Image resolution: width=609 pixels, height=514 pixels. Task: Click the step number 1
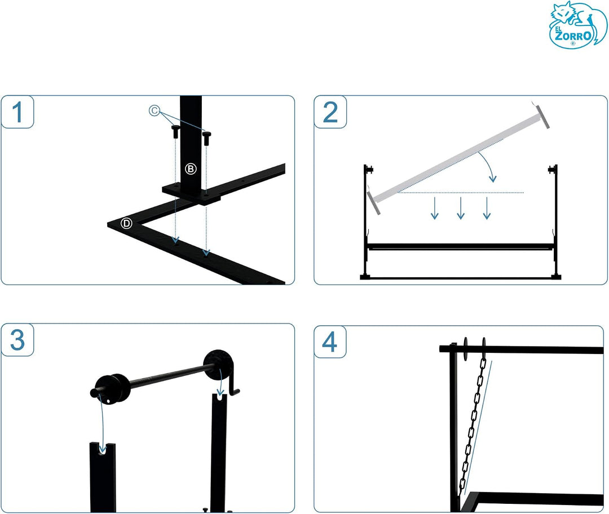[x=17, y=112]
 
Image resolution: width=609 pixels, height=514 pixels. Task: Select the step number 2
[x=330, y=112]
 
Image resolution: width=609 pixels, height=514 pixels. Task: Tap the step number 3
[x=17, y=340]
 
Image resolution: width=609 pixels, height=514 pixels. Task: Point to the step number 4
[x=330, y=342]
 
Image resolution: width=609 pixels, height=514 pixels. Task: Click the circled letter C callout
[x=154, y=110]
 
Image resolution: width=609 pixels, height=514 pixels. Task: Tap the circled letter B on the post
[x=191, y=169]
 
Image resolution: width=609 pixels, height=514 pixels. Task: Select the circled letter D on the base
[x=126, y=223]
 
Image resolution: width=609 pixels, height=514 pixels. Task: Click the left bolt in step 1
[x=175, y=131]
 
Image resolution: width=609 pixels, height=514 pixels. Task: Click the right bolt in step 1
[x=206, y=138]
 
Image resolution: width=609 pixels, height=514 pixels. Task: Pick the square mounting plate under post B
[x=191, y=193]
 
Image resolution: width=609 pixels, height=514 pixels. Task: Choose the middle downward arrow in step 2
[x=461, y=208]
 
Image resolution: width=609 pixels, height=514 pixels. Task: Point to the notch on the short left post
[x=102, y=449]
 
